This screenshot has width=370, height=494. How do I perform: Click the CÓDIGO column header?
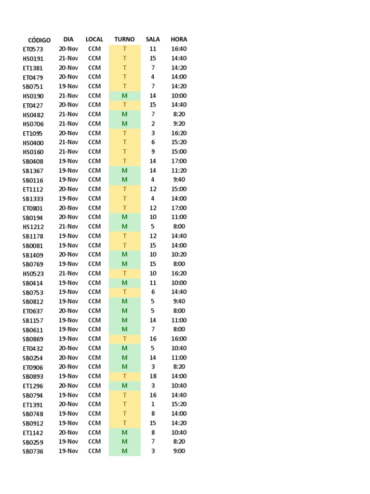[39, 40]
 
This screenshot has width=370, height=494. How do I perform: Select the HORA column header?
[179, 40]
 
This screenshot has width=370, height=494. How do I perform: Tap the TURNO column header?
[124, 40]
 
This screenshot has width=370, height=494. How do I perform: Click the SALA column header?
[153, 40]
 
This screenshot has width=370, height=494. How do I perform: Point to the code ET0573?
[33, 49]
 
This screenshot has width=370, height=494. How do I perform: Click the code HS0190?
[33, 96]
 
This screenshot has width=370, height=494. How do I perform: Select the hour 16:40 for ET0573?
[179, 49]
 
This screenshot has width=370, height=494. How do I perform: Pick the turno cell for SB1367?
[124, 171]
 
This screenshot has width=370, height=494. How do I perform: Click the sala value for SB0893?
[153, 376]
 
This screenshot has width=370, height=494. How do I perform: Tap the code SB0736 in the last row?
[33, 452]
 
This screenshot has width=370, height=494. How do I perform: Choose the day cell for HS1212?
[68, 227]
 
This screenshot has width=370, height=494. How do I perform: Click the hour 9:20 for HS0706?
[179, 124]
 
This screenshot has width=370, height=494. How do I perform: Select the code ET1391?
[33, 405]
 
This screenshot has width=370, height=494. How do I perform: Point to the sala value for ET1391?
[153, 404]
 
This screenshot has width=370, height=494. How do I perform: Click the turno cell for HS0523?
[124, 274]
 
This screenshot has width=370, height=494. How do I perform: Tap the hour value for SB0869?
[179, 339]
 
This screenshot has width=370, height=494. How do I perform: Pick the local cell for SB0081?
[94, 246]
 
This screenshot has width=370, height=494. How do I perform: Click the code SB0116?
[33, 180]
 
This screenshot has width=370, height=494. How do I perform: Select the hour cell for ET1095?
[179, 133]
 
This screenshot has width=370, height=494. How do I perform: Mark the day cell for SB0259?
[68, 442]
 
